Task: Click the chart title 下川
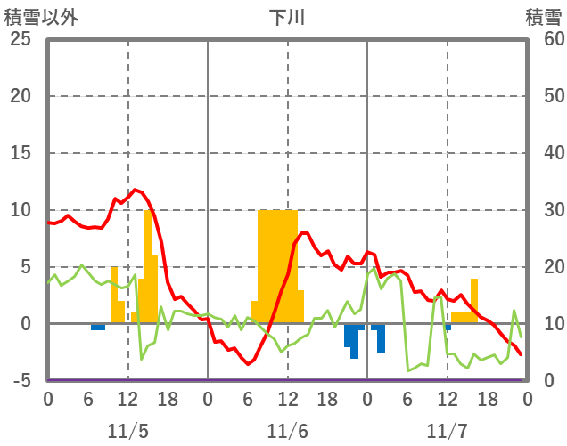[x=287, y=17]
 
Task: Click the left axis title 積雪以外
[x=36, y=17]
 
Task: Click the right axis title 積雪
[x=543, y=17]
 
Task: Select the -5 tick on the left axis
[x=20, y=381]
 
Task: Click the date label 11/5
[x=127, y=431]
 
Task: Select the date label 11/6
[x=287, y=431]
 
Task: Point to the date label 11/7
[x=447, y=431]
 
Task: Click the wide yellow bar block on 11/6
[x=277, y=267]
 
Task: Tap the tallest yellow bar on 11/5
[x=148, y=267]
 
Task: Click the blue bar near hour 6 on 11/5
[x=98, y=327]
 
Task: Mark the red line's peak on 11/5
[x=136, y=190]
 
